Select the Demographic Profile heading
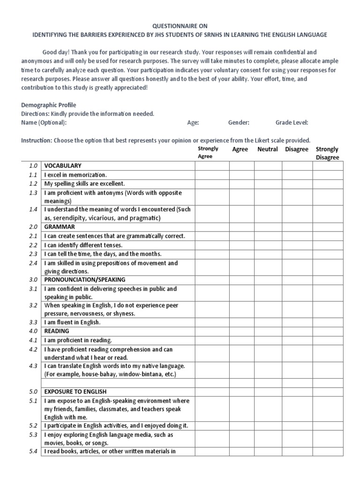pyautogui.click(x=49, y=105)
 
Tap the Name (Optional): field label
pyautogui.click(x=44, y=123)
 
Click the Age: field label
pyautogui.click(x=193, y=123)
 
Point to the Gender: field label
pyautogui.click(x=239, y=123)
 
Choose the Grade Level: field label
pyautogui.click(x=292, y=123)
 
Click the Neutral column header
pyautogui.click(x=267, y=149)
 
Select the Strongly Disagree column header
pyautogui.click(x=327, y=153)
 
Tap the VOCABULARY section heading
pyautogui.click(x=63, y=166)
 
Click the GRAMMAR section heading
pyautogui.click(x=60, y=227)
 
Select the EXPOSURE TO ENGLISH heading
pyautogui.click(x=75, y=391)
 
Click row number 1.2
pyautogui.click(x=32, y=184)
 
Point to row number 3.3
pyautogui.click(x=32, y=322)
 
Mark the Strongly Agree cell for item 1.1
pyautogui.click(x=212, y=175)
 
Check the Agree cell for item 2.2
pyautogui.click(x=241, y=245)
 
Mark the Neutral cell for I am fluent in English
pyautogui.click(x=268, y=322)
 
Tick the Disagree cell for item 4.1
pyautogui.click(x=297, y=340)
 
